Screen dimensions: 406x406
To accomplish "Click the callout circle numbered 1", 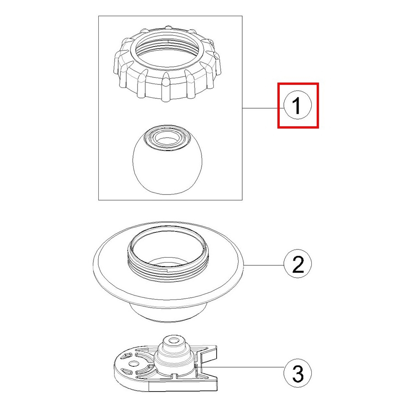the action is (x=298, y=105).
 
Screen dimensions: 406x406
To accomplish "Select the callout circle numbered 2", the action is (x=298, y=264).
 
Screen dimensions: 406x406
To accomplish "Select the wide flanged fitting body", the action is (x=169, y=272).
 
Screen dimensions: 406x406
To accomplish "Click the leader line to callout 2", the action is (x=264, y=265).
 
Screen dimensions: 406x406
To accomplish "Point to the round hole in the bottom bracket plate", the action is (x=133, y=364).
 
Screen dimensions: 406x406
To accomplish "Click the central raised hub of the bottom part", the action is (x=174, y=355).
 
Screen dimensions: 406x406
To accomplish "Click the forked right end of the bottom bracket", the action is (x=208, y=368).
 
